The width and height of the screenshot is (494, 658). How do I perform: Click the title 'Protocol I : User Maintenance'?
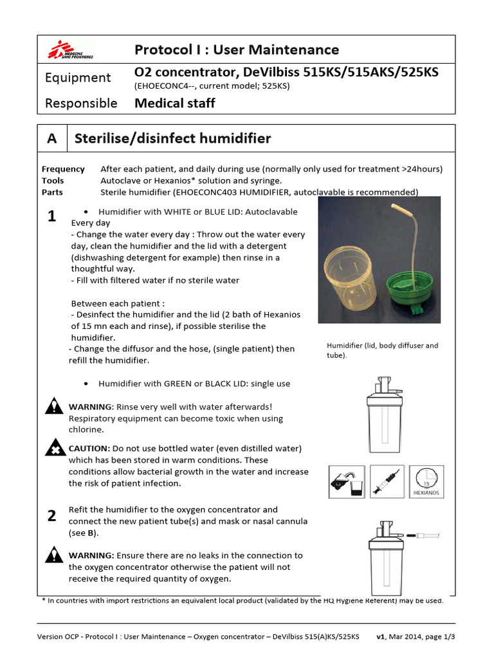[x=236, y=49]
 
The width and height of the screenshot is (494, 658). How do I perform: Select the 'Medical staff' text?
[x=174, y=103]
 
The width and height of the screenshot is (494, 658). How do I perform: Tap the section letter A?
[x=52, y=138]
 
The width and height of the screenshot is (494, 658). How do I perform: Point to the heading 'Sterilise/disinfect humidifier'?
[x=173, y=138]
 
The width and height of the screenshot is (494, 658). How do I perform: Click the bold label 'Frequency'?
[x=63, y=169]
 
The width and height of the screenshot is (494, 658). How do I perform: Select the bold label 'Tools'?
[x=53, y=181]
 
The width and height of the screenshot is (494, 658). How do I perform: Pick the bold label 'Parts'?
[x=52, y=192]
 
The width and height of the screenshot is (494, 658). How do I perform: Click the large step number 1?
[x=52, y=217]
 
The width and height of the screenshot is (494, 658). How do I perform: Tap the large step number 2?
[x=52, y=515]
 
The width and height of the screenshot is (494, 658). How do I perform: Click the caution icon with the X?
[x=56, y=449]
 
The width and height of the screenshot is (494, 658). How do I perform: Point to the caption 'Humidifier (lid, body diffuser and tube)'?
[x=382, y=350]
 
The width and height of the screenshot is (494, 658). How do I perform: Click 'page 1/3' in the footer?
[x=445, y=636]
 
